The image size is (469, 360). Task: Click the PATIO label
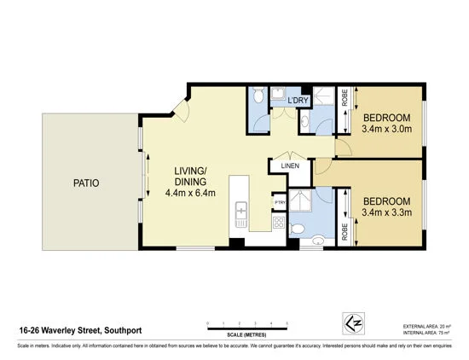tap(86, 183)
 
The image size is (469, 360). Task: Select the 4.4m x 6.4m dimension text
tap(190, 193)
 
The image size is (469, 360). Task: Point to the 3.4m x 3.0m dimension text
tap(387, 130)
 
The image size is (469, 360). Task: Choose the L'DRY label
tap(298, 102)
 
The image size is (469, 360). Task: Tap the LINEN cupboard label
tap(289, 165)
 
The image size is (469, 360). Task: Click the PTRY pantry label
tap(280, 202)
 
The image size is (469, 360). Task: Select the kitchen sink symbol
tap(241, 210)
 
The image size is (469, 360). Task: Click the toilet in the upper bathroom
tap(258, 95)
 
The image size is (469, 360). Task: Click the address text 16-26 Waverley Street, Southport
tap(79, 326)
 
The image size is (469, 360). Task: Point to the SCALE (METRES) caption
tap(247, 334)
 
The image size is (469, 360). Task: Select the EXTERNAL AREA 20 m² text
tap(426, 327)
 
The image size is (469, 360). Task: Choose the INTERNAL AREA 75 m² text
tap(426, 334)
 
